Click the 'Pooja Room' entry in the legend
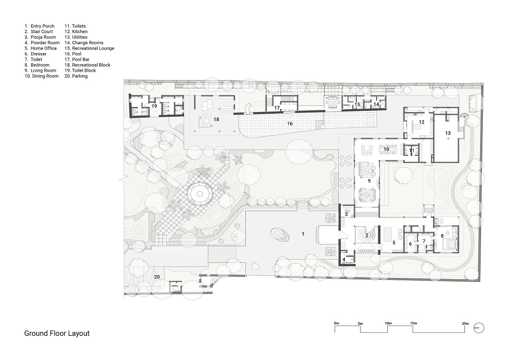coord(40,37)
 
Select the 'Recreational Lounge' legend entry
coord(89,48)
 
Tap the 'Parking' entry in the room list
coord(76,76)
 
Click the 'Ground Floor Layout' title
coord(57,333)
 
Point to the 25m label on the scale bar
coord(465,323)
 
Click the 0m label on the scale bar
coord(336,323)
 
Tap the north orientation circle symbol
coord(479,328)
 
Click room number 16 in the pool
coord(290,124)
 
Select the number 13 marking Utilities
coord(448,133)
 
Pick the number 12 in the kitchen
coord(422,122)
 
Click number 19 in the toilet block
coord(154,106)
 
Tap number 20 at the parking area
coord(157,277)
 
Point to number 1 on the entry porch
coord(303,234)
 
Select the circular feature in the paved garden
coord(200,194)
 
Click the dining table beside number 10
coord(388,149)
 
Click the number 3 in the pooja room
coord(346,214)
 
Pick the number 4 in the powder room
coord(344,259)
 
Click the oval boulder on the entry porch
coord(280,235)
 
